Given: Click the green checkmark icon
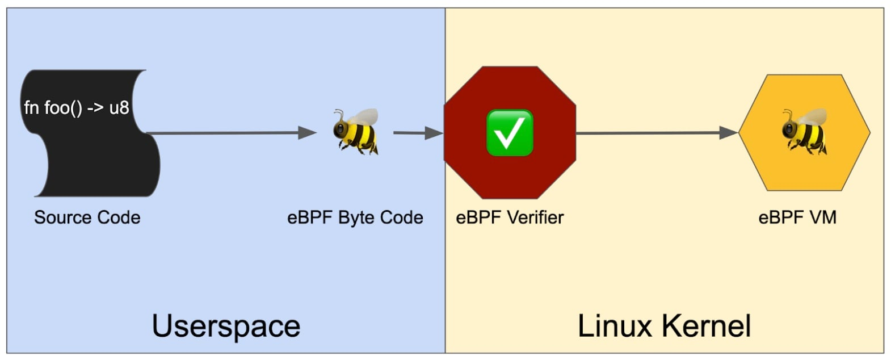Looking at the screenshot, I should (x=510, y=133).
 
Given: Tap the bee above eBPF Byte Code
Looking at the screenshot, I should (x=356, y=132).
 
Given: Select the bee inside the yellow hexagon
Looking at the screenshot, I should (x=805, y=132).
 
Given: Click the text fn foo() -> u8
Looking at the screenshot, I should (x=77, y=107).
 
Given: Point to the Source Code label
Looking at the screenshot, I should (x=87, y=217).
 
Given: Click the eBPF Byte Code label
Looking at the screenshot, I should (x=355, y=217).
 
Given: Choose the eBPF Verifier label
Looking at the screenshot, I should (x=510, y=217).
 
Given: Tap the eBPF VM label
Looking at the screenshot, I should (x=797, y=217).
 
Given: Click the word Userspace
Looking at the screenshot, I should (x=226, y=326).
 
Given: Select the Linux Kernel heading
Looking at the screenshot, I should (x=664, y=326).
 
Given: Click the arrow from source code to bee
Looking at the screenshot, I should (x=227, y=133).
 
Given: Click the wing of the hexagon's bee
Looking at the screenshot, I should (x=816, y=117).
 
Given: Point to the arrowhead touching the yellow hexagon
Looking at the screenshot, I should (x=729, y=133).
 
